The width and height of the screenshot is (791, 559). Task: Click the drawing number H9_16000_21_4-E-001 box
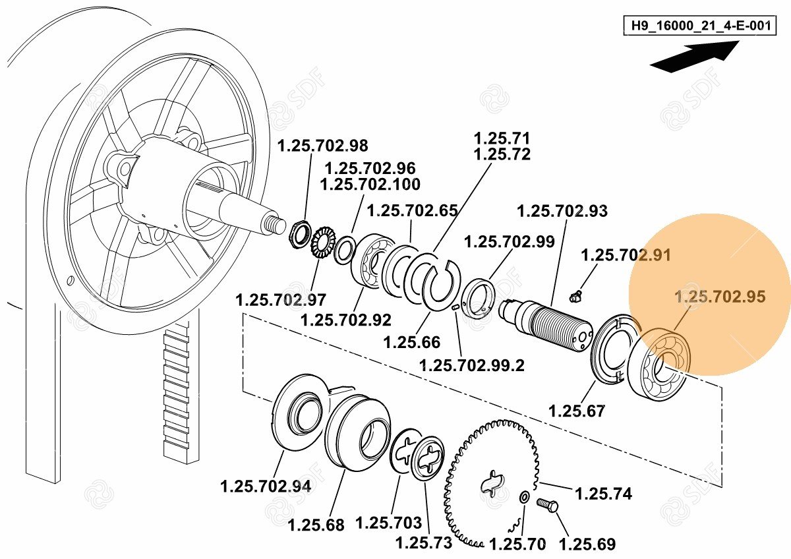699,26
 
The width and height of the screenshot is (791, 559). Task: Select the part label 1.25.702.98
323,146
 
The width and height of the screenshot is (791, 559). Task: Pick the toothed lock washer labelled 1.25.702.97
322,243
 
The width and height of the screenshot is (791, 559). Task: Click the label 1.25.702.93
562,211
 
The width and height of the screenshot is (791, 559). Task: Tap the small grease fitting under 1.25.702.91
575,296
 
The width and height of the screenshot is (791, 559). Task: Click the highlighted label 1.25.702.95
720,297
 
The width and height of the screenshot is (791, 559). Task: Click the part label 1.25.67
577,411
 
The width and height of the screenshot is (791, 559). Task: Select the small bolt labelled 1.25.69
547,505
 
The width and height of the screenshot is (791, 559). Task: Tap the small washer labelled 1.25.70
524,498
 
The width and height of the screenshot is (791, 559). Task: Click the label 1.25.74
604,493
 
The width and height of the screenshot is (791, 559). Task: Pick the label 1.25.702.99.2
472,365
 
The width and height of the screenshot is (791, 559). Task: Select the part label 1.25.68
316,525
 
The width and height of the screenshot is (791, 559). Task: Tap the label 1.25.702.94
266,486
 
